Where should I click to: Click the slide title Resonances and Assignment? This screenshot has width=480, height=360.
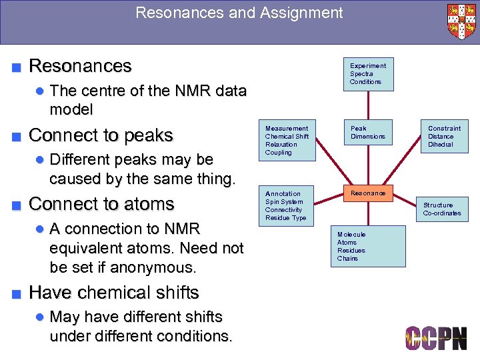click(x=239, y=13)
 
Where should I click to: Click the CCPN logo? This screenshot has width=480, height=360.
click(x=436, y=339)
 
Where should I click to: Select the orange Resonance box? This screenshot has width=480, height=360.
click(x=368, y=193)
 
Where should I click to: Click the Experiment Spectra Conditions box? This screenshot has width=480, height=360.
click(x=368, y=74)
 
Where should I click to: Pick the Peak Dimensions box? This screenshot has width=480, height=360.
click(x=368, y=133)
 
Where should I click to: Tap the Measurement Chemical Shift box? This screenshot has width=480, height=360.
click(x=288, y=140)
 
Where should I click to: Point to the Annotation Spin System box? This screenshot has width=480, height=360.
click(x=288, y=206)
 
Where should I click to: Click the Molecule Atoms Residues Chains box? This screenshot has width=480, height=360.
click(x=368, y=246)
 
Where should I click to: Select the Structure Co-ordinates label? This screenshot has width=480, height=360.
click(x=441, y=209)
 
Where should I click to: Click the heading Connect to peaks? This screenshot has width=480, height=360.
click(x=101, y=135)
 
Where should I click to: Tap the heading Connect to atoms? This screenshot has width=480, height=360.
click(x=101, y=204)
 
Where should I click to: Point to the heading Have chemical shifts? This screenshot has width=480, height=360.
click(x=114, y=293)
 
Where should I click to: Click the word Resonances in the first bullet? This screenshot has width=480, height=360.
click(x=81, y=66)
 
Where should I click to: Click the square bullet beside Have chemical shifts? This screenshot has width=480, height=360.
click(x=16, y=293)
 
